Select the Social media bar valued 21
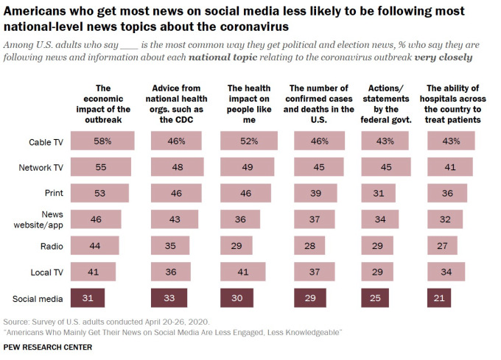pos(438,298)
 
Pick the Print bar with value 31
pos(378,193)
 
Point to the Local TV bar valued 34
pos(446,272)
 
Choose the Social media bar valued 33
pos(168,298)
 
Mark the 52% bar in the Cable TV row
pos(250,141)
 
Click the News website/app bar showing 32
pos(445,219)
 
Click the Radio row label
pos(50,245)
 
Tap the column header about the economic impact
pos(103,104)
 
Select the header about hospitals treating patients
pos(454,104)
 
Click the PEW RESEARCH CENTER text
pos(47,347)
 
